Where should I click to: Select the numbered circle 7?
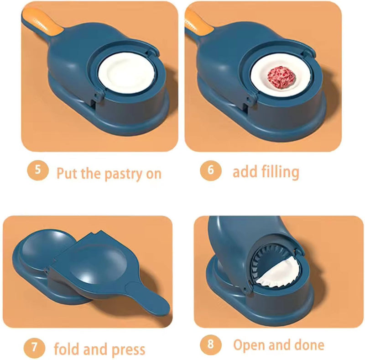click(35, 349)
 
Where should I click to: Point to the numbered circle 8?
click(210, 344)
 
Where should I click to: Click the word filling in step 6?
click(280, 172)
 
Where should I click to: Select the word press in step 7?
click(128, 350)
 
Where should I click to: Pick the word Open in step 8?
click(250, 345)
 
